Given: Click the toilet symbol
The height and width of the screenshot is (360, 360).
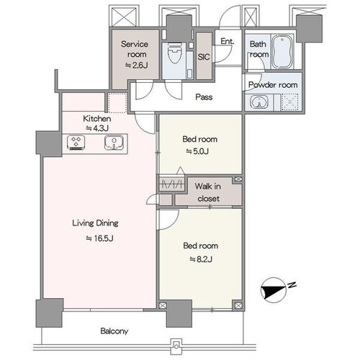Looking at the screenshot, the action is pyautogui.click(x=174, y=53).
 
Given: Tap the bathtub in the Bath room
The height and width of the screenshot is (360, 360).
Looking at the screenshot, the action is pyautogui.click(x=282, y=52).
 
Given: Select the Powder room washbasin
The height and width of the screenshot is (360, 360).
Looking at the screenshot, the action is pyautogui.click(x=258, y=102).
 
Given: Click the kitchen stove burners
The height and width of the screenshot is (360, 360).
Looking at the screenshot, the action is pyautogui.click(x=76, y=143).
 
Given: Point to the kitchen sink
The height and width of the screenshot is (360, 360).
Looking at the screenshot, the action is pyautogui.click(x=114, y=143).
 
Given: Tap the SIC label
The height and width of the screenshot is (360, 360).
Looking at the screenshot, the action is pyautogui.click(x=204, y=57).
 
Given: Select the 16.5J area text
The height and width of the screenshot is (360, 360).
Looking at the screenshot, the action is pyautogui.click(x=99, y=238).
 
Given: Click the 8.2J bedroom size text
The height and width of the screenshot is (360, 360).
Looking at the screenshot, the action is pyautogui.click(x=201, y=259).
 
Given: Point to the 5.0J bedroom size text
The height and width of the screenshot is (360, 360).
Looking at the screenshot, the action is pyautogui.click(x=197, y=151).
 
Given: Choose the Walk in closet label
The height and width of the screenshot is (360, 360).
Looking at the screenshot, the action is pyautogui.click(x=208, y=192).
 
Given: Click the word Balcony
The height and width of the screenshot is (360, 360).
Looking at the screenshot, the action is pyautogui.click(x=114, y=331).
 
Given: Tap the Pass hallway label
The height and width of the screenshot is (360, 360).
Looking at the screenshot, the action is pyautogui.click(x=204, y=97).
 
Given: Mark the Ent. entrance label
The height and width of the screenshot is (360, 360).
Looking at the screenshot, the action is pyautogui.click(x=228, y=41).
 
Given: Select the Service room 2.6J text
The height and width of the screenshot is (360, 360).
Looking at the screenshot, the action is pyautogui.click(x=135, y=55).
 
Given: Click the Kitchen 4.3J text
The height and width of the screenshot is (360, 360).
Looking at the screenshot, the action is pyautogui.click(x=97, y=123).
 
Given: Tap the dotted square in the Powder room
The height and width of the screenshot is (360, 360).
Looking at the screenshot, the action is pyautogui.click(x=289, y=102).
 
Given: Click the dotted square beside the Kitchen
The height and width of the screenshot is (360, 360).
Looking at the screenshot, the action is pyautogui.click(x=117, y=103).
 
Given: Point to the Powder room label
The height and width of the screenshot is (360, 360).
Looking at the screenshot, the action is pyautogui.click(x=273, y=84).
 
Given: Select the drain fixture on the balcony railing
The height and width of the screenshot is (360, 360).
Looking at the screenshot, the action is pyautogui.click(x=177, y=346).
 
